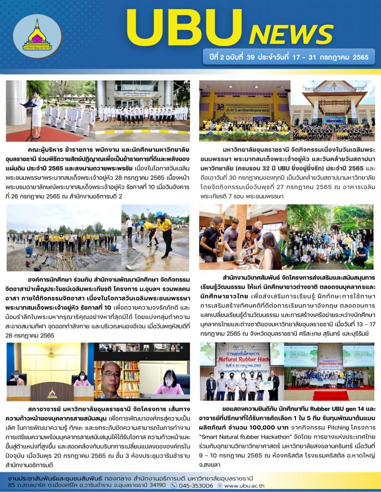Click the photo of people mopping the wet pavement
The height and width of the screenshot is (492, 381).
(x=155, y=238)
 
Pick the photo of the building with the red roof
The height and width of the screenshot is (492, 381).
(x=332, y=111)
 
